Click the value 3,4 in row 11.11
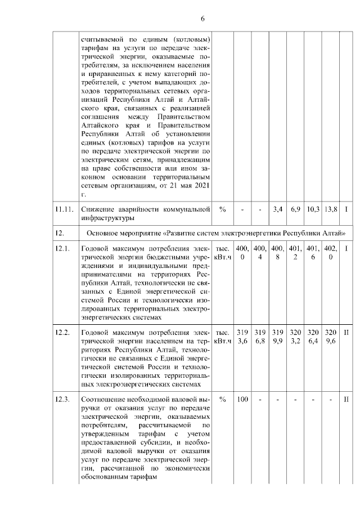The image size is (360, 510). tap(277, 209)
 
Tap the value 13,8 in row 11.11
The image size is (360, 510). tap(331, 209)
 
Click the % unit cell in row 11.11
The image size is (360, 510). tap(223, 209)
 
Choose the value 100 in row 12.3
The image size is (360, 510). tap(242, 400)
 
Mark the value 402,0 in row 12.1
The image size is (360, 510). tap(331, 253)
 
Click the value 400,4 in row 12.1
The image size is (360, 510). tap(260, 253)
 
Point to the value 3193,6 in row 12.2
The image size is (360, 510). tap(242, 337)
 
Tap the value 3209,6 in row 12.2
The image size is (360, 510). tap(331, 337)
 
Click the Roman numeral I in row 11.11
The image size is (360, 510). tap(347, 209)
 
